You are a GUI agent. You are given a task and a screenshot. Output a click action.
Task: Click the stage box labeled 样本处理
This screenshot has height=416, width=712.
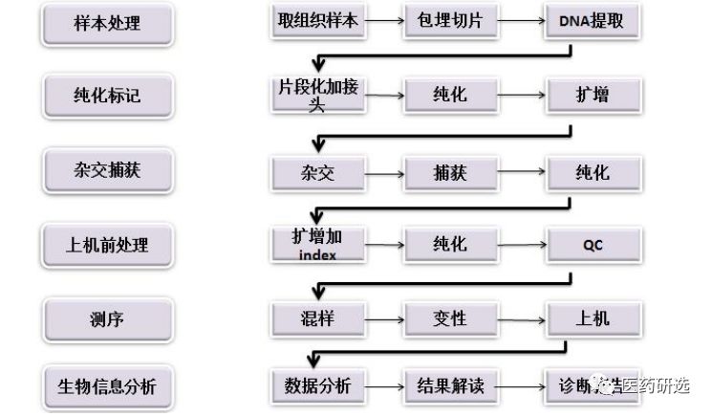pyautogui.click(x=106, y=24)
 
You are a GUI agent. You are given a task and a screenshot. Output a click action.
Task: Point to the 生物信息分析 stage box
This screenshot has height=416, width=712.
pyautogui.click(x=106, y=387)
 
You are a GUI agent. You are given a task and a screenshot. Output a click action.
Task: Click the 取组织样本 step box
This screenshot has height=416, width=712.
pyautogui.click(x=316, y=21)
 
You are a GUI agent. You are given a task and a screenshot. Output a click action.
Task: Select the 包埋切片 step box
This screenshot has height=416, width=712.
pyautogui.click(x=448, y=21)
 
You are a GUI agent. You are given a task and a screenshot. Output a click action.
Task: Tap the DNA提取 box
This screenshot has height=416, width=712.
pyautogui.click(x=592, y=21)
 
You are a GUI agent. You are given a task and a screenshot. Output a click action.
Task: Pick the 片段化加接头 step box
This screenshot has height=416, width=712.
pyautogui.click(x=318, y=96)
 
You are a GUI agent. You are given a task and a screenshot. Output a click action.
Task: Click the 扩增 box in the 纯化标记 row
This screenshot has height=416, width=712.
pyautogui.click(x=592, y=96)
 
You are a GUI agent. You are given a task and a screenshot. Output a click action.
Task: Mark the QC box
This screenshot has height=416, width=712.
pyautogui.click(x=592, y=245)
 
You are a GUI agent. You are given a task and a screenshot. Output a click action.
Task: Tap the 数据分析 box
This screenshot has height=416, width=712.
pyautogui.click(x=318, y=387)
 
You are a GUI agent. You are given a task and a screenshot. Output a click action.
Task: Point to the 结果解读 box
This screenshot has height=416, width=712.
pyautogui.click(x=448, y=387)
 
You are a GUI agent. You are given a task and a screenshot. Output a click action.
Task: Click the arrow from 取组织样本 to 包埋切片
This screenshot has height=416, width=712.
pyautogui.click(x=384, y=21)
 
